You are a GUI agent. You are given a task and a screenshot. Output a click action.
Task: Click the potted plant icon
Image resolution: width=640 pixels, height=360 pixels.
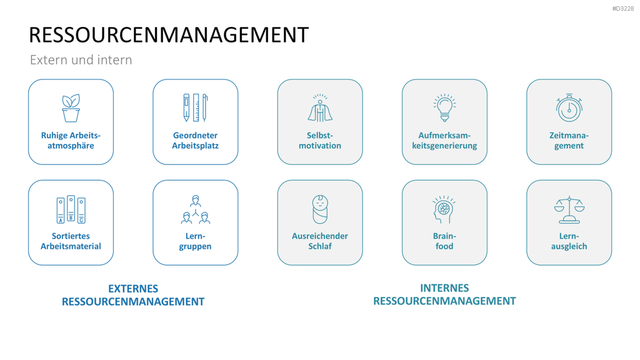[x=71, y=107]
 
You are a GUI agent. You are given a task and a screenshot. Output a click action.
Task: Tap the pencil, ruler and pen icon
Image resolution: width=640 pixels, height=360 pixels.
[x=196, y=107]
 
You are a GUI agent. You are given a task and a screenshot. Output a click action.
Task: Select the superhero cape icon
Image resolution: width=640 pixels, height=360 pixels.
[x=320, y=108]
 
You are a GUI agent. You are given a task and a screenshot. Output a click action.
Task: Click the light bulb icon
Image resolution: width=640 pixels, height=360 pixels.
[x=444, y=107]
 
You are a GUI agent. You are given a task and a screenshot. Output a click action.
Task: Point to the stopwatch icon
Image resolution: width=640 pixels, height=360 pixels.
[x=569, y=108]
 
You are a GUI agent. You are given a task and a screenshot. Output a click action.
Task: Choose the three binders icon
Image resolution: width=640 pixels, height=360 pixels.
[x=71, y=209]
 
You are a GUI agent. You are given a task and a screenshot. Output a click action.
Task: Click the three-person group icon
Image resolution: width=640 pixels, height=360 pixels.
[x=196, y=209]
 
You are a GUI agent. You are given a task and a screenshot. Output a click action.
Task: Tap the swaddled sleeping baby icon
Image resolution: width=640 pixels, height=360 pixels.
[x=320, y=209]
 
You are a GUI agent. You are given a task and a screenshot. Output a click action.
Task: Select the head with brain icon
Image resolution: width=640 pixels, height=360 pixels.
[x=444, y=209]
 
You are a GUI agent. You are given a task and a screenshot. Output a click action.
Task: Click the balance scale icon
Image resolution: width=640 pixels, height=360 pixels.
[x=569, y=210]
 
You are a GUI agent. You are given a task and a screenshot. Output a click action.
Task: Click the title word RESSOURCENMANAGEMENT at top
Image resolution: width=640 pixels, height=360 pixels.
[x=169, y=35]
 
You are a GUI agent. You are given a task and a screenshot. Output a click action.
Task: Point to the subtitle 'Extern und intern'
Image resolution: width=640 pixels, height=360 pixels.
[x=81, y=60]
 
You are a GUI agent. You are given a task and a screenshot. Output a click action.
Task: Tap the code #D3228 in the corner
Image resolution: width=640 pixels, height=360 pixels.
[x=623, y=9]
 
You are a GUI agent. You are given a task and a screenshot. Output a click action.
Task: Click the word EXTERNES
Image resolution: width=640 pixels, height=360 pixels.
[x=133, y=289]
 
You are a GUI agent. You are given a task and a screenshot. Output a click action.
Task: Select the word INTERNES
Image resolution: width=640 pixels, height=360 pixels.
[x=444, y=287]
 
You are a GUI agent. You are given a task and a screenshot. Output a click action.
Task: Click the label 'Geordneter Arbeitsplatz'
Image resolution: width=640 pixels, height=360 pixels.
[x=196, y=141]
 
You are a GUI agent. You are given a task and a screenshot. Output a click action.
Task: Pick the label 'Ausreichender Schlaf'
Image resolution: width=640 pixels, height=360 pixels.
[x=320, y=241]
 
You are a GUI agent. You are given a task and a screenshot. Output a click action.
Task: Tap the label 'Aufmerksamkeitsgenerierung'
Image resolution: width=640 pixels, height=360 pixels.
[x=444, y=141]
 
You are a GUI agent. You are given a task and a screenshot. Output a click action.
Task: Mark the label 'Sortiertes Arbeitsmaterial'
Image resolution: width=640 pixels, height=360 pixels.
[x=71, y=241]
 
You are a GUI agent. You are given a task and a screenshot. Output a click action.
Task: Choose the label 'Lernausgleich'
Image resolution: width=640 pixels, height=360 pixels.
[x=569, y=241]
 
